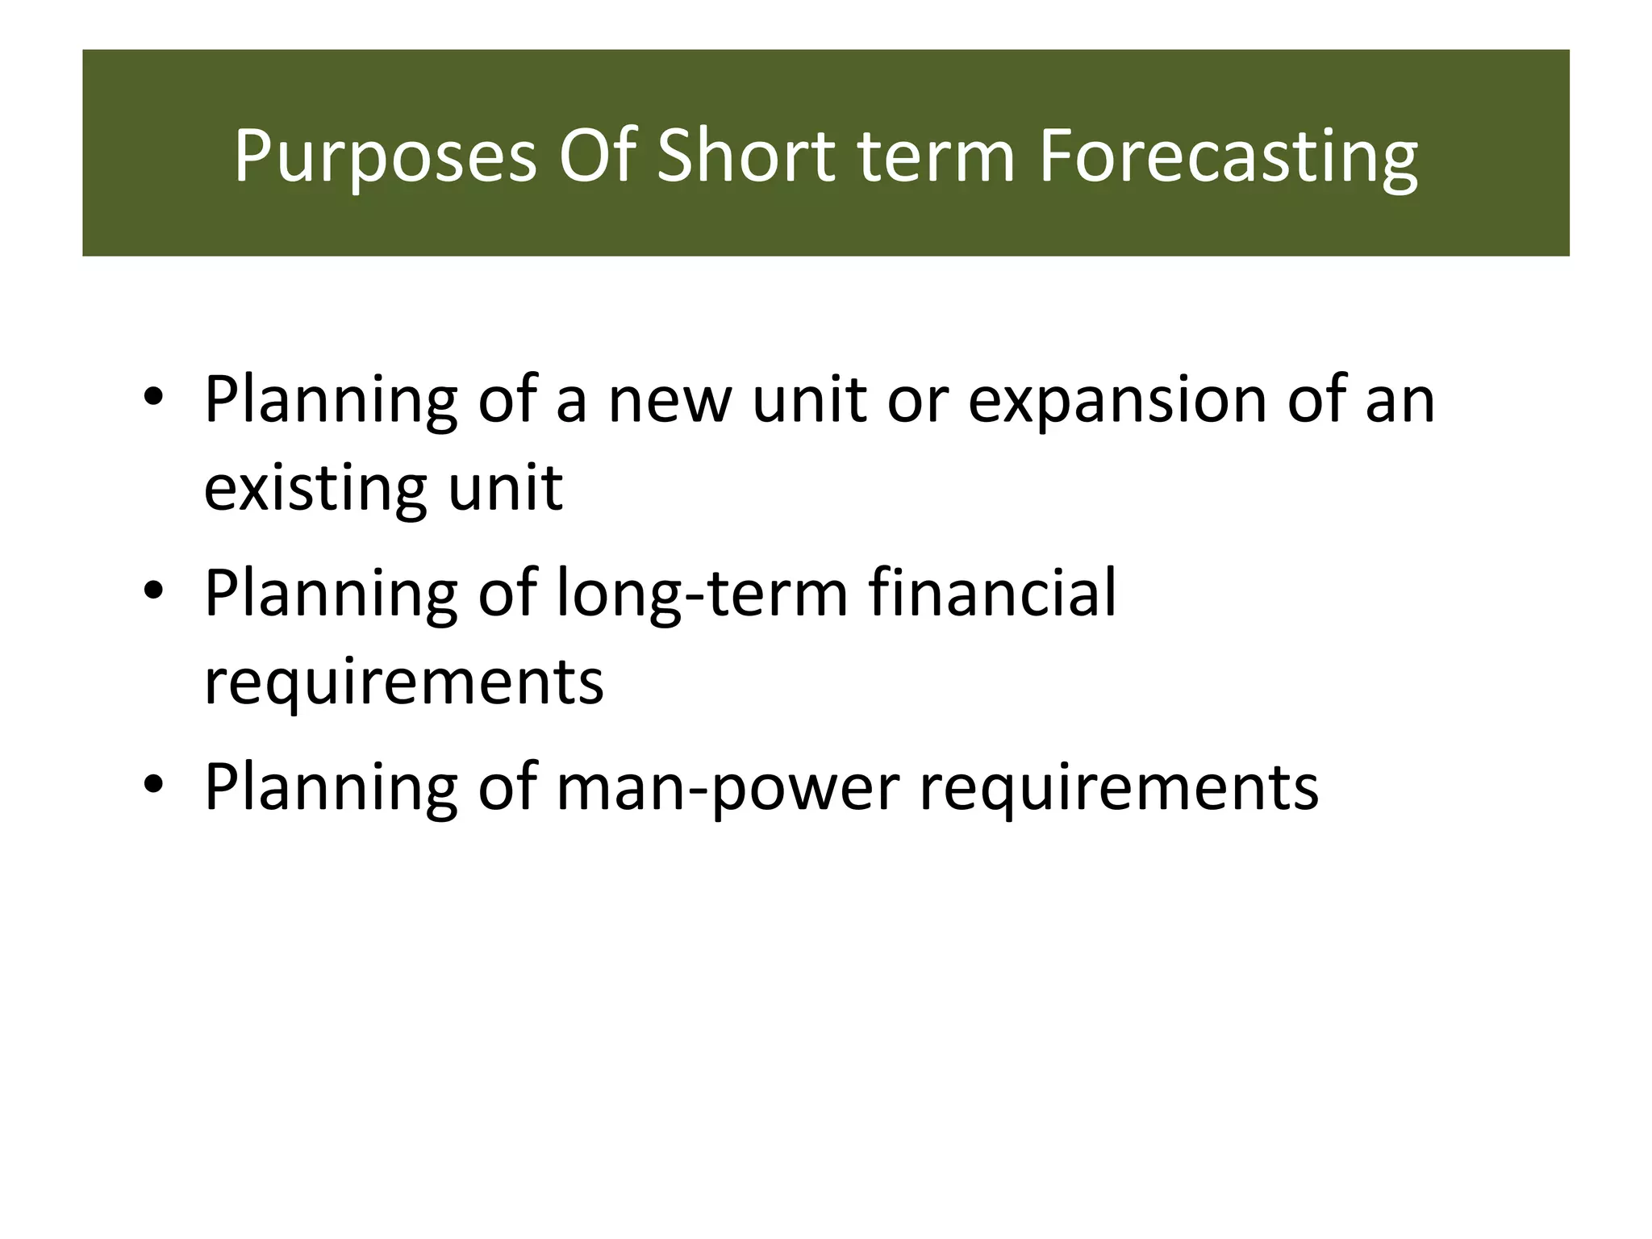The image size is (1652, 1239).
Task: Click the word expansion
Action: point(1117,401)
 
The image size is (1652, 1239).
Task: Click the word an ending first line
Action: point(1400,401)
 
